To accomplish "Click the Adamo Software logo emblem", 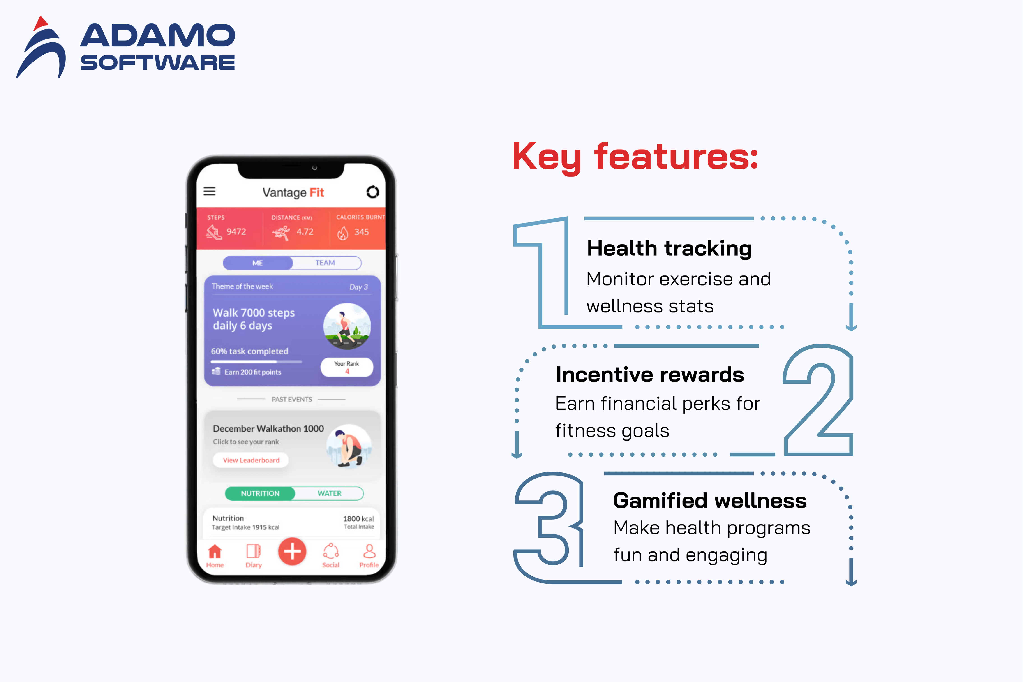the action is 41,48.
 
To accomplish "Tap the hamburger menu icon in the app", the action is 210,191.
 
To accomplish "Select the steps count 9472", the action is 236,232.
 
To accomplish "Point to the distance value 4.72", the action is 305,232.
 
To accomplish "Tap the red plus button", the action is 292,552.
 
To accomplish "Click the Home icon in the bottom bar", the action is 215,552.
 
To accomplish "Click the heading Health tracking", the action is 669,249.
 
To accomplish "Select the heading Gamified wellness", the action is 709,501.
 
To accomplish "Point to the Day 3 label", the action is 359,287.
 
